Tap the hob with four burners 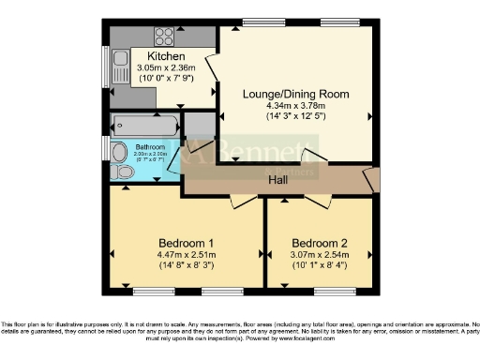click(164, 37)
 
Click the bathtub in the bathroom click(142, 123)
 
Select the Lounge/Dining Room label click(295, 94)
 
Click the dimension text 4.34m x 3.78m click(295, 106)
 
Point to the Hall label click(278, 180)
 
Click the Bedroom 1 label click(182, 240)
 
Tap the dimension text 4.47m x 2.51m click(182, 253)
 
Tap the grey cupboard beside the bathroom click(199, 127)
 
